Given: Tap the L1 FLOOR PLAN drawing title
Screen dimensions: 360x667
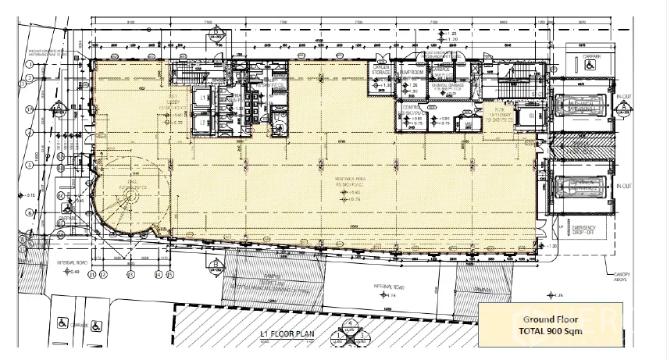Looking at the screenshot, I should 286,335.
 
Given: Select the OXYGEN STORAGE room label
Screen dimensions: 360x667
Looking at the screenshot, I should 381,72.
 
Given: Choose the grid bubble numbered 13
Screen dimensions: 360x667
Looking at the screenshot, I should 130,274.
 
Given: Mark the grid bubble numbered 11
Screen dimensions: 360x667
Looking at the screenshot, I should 91,274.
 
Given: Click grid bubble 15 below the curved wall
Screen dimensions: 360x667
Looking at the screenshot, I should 169,274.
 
